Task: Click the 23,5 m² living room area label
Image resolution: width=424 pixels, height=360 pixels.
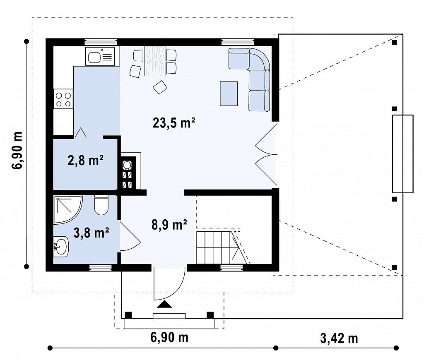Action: [x=174, y=123]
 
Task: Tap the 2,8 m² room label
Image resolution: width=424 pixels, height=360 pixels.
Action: [x=85, y=161]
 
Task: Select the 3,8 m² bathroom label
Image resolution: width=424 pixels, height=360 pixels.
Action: [x=92, y=233]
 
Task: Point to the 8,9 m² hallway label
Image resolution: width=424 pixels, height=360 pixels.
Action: [x=169, y=225]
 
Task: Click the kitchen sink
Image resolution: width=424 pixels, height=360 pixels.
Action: [x=100, y=56]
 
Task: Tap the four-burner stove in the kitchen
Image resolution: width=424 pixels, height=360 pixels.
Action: [x=63, y=99]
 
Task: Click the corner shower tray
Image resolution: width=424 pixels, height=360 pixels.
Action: [x=67, y=210]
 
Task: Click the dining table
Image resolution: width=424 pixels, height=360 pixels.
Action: [x=155, y=61]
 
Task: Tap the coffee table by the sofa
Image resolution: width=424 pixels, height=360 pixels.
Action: [x=229, y=94]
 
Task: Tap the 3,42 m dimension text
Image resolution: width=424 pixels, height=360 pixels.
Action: [x=339, y=338]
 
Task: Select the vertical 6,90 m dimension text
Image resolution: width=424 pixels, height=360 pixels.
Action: [x=17, y=151]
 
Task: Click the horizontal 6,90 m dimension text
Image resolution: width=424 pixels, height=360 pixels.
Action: [x=169, y=337]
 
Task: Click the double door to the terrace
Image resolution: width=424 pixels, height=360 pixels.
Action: [x=266, y=155]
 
